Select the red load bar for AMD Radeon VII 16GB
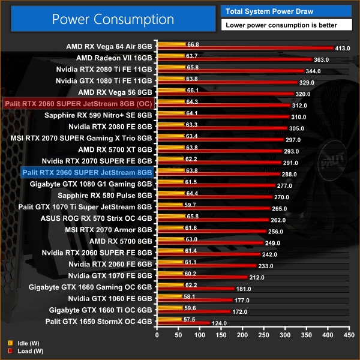pos(234,60)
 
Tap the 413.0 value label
pos(343,49)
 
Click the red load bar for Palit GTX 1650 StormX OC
pos(184,323)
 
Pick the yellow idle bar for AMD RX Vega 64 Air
pos(172,44)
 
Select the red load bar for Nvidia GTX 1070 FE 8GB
pos(202,277)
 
